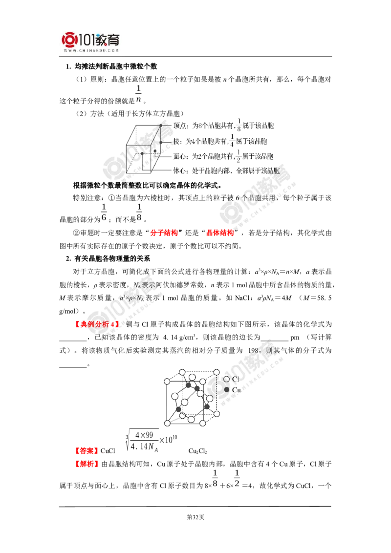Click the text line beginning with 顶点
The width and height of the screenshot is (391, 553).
[x=225, y=127]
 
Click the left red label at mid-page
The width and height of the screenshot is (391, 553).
[x=164, y=233]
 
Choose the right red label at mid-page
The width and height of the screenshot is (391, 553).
[x=219, y=233]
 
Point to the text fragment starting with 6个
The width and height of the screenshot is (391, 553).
[x=254, y=198]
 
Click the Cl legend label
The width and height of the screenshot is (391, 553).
[x=235, y=379]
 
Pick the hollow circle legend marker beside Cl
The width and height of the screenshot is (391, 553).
[x=226, y=380]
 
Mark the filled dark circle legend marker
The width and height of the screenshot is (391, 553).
[x=226, y=389]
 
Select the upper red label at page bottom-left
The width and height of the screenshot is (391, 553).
[x=87, y=449]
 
